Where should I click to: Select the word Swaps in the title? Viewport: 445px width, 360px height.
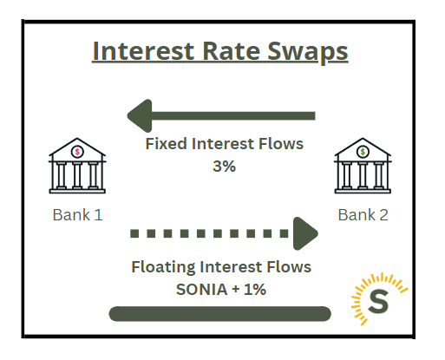pos(308,50)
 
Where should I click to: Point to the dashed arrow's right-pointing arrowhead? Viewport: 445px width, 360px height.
pos(306,232)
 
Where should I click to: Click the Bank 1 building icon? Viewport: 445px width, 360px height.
pos(77,168)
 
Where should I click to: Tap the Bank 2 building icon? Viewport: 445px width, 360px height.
pos(362,168)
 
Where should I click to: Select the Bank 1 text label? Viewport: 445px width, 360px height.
pos(77,214)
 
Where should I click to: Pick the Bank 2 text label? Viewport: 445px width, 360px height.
pos(363,214)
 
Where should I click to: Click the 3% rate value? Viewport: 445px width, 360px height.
pos(224,166)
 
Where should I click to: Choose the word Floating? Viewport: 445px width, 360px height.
pos(164,266)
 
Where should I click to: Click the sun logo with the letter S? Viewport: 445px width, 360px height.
pos(378,299)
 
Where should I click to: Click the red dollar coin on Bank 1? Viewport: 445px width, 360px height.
pos(77,152)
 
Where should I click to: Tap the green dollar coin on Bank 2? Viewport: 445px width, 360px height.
pos(362,152)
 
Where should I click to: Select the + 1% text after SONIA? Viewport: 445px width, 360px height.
pos(248,289)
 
